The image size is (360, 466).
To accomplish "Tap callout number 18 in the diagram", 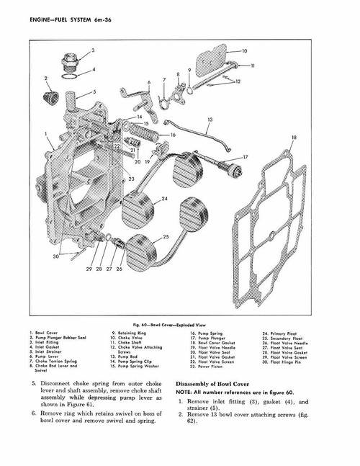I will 294,137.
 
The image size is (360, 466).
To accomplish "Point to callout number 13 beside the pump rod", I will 210,120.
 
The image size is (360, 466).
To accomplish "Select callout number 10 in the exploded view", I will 244,52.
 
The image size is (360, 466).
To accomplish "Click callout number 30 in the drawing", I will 55,256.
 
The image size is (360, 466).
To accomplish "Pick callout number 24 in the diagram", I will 165,198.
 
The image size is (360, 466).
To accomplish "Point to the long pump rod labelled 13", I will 209,135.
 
